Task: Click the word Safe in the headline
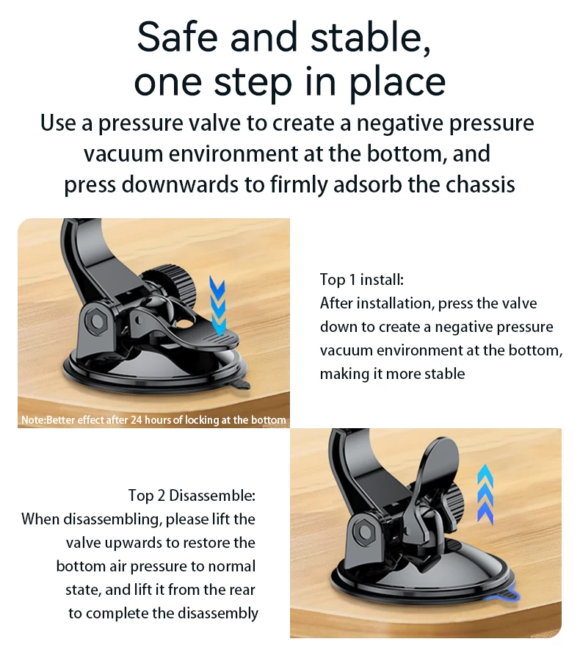click(x=178, y=37)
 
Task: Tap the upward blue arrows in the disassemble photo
click(x=485, y=494)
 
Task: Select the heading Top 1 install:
click(x=362, y=280)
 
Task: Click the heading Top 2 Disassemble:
click(x=192, y=495)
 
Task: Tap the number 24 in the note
click(x=136, y=420)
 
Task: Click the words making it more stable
click(x=393, y=374)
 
